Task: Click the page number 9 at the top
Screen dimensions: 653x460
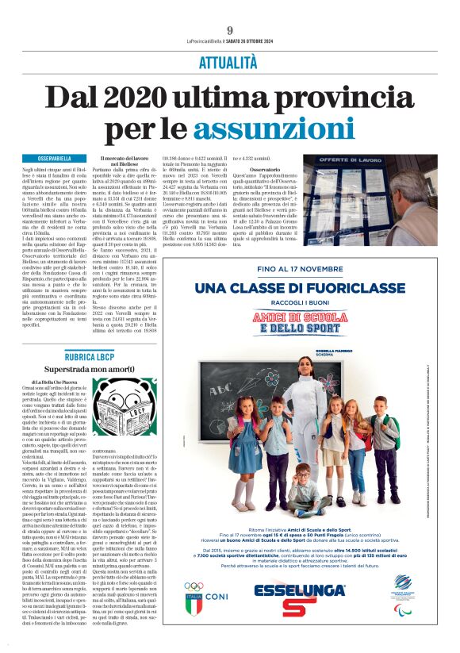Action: coord(229,30)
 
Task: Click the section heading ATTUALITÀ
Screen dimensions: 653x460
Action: coord(229,61)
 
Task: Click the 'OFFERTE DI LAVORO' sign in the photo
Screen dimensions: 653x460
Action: coord(391,163)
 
